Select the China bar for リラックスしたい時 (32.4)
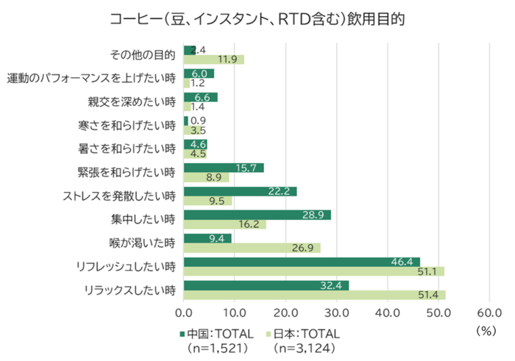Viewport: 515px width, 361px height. (266, 285)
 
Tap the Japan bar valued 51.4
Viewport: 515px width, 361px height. (315, 295)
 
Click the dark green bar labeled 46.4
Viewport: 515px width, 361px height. (302, 262)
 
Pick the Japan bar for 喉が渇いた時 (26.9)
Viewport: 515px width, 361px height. (252, 248)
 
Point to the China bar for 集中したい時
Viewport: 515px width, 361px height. (257, 215)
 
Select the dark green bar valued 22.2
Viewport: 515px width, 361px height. (240, 191)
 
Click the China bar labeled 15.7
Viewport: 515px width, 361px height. (224, 168)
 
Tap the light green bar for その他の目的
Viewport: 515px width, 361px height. (214, 60)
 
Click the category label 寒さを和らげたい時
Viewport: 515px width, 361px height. (126, 125)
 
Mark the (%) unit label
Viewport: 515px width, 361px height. (487, 331)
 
